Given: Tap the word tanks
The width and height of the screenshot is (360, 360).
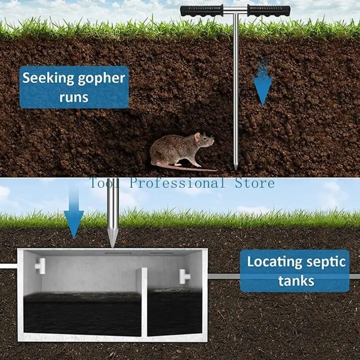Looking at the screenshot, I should (296, 281).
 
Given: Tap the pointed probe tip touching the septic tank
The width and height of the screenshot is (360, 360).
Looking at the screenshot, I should (112, 242).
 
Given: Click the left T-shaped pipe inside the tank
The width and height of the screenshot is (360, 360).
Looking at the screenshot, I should (40, 266).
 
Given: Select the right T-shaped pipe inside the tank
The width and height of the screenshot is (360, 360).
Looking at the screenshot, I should (185, 275).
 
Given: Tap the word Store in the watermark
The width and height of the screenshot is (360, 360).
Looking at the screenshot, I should (255, 183).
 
